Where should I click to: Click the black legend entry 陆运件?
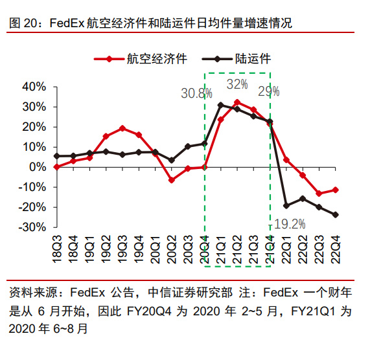[x=251, y=59]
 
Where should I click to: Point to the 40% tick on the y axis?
[x=34, y=86]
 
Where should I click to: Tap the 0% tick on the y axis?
[x=38, y=166]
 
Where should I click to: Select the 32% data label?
[x=237, y=85]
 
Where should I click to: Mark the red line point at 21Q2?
[x=237, y=102]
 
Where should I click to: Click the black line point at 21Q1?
[x=221, y=105]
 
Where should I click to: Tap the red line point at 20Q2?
[x=172, y=180]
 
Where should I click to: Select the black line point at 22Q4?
[x=336, y=214]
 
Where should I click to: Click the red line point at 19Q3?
[x=122, y=128]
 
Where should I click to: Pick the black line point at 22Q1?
[x=286, y=205]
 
